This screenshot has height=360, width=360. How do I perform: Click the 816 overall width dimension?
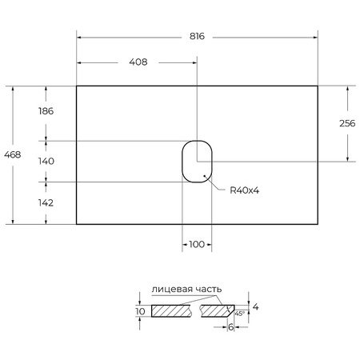(197, 36)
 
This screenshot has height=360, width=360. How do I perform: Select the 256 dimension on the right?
(347, 123)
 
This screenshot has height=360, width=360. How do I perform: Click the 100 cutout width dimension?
(197, 244)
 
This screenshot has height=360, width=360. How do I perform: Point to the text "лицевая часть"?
(186, 290)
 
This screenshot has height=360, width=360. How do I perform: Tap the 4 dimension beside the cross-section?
(255, 306)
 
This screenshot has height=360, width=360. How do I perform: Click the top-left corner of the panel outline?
(77, 86)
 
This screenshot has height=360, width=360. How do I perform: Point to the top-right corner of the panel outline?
(318, 86)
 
